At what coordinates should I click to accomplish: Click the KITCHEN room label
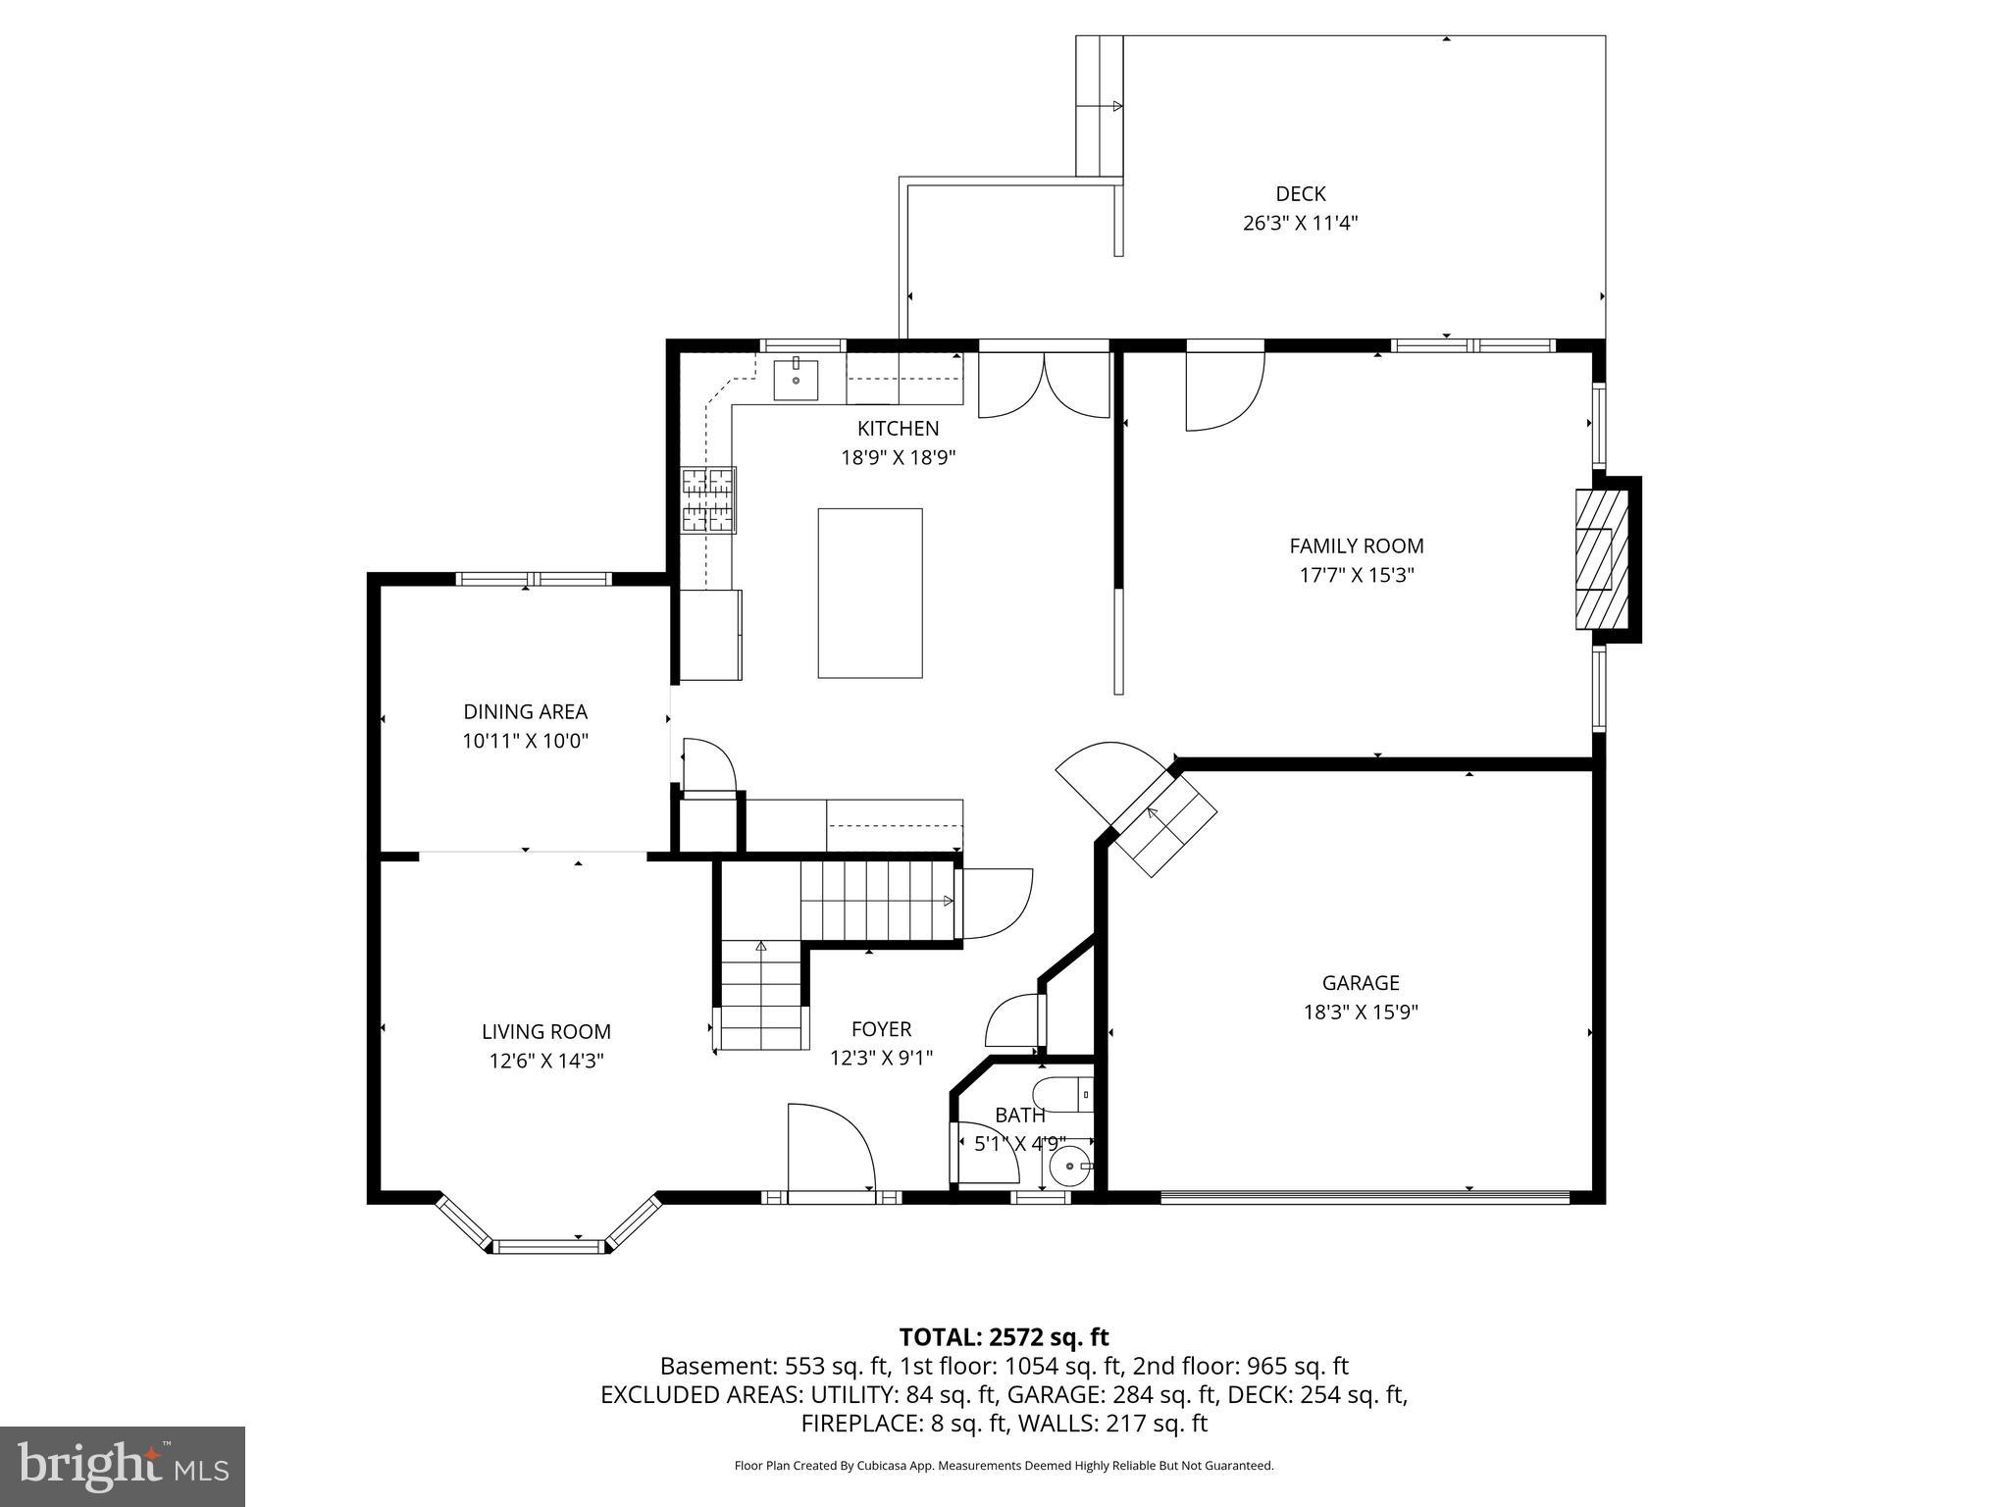898,429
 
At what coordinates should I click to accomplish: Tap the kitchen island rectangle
870,593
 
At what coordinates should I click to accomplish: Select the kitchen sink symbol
796,380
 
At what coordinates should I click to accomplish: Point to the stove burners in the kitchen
708,500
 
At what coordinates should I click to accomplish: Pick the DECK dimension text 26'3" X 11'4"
1300,224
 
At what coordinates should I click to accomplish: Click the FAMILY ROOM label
1357,546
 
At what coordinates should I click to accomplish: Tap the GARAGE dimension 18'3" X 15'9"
1361,1012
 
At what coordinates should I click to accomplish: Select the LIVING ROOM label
545,1031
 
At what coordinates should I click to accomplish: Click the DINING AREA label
525,712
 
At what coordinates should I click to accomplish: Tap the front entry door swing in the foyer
830,1148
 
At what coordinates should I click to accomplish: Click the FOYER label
881,1029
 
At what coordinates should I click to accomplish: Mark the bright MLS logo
123,1466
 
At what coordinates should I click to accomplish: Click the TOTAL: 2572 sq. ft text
1004,1337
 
